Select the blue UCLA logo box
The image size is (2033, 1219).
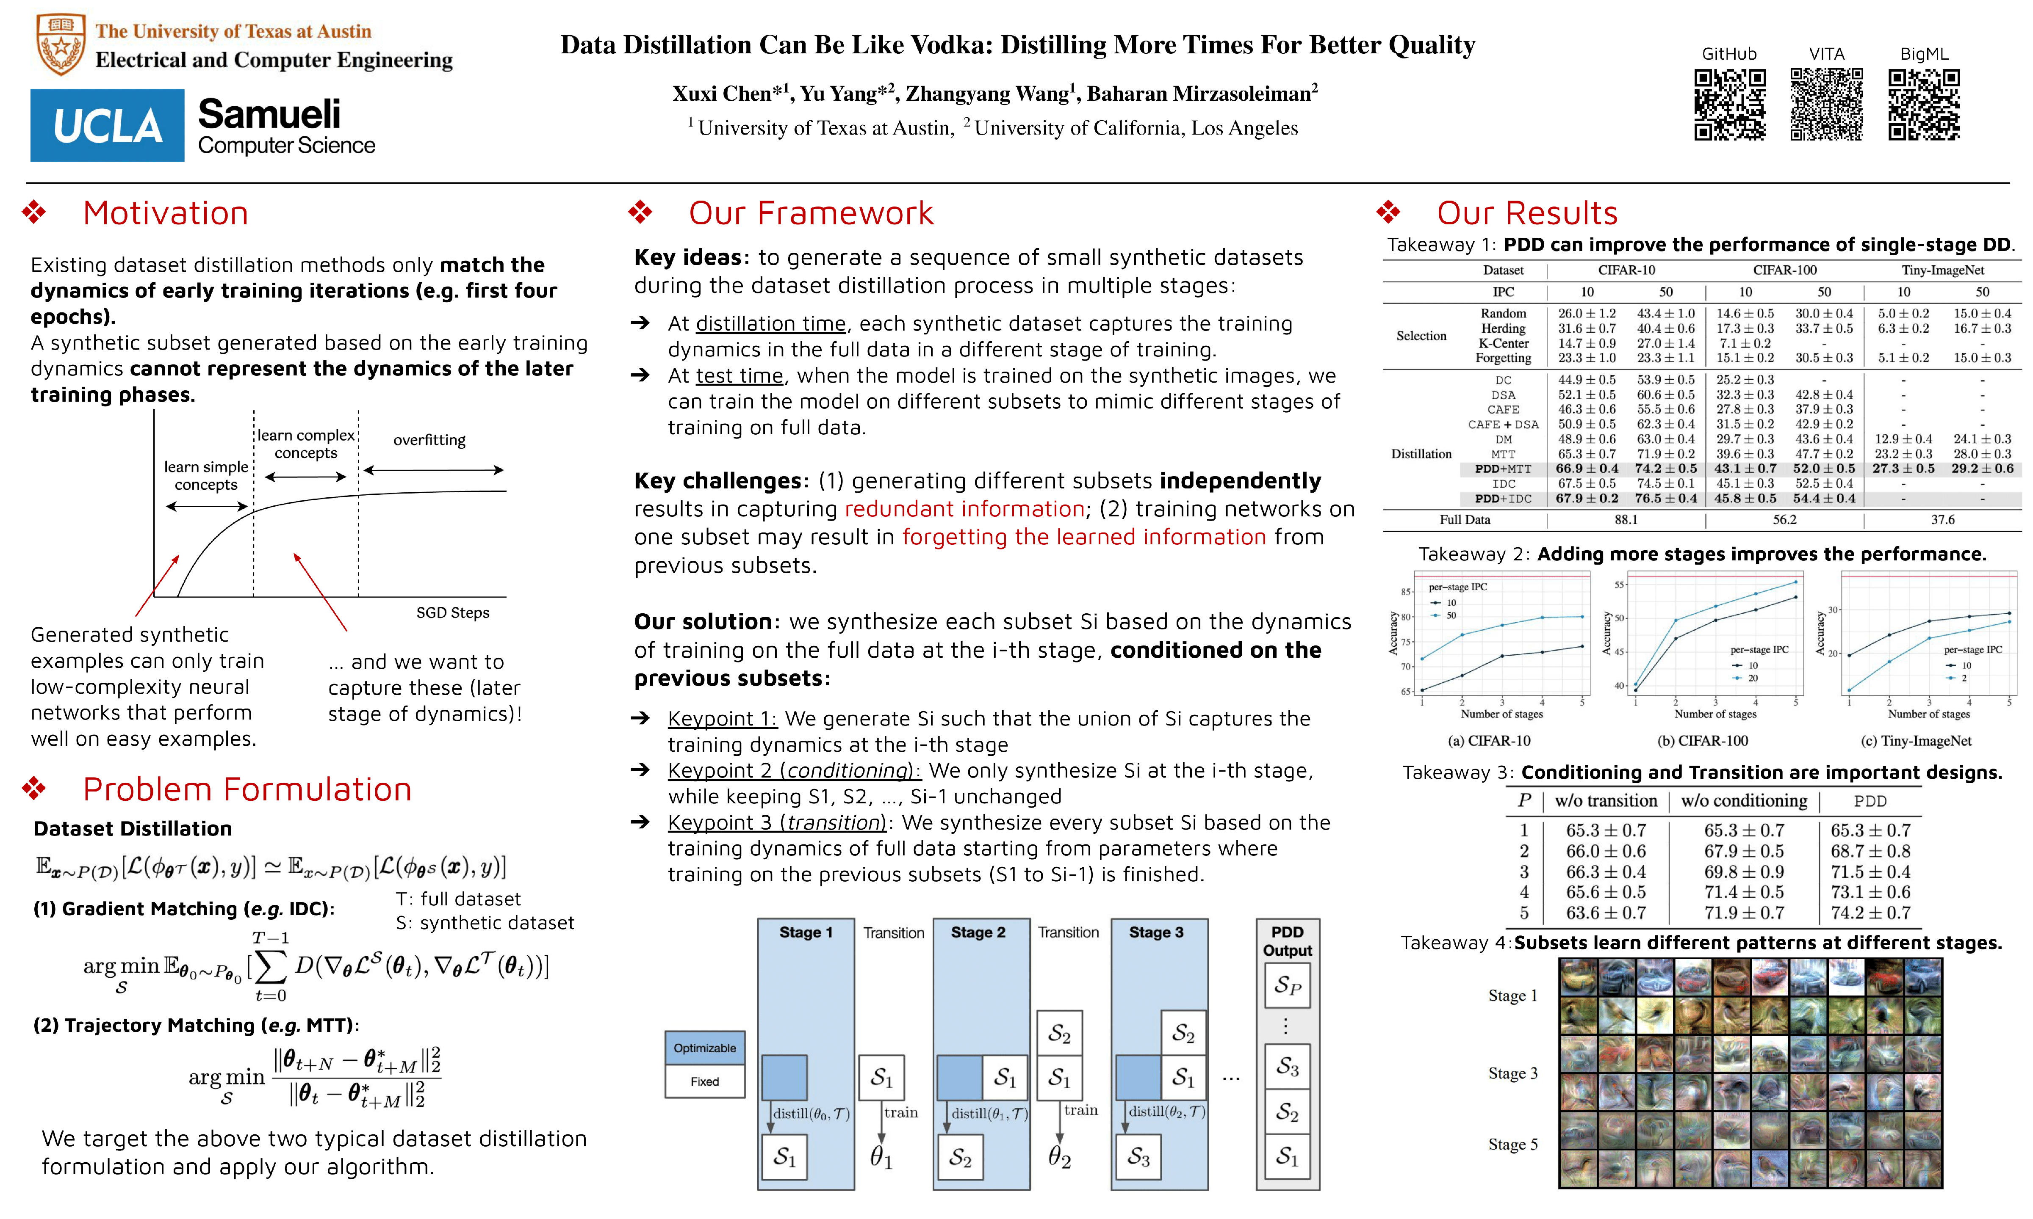[x=107, y=126]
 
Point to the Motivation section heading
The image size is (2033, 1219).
[x=165, y=214]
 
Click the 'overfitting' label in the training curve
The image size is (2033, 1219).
[x=429, y=440]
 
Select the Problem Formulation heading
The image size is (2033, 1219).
[x=247, y=789]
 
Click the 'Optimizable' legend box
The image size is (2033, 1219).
[x=704, y=1048]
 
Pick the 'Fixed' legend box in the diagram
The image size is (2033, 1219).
[x=704, y=1082]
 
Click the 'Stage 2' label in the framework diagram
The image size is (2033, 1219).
[x=978, y=932]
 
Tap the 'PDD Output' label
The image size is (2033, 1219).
[x=1287, y=941]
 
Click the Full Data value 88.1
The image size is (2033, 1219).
[x=1626, y=520]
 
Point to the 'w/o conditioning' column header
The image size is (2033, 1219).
[x=1744, y=801]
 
